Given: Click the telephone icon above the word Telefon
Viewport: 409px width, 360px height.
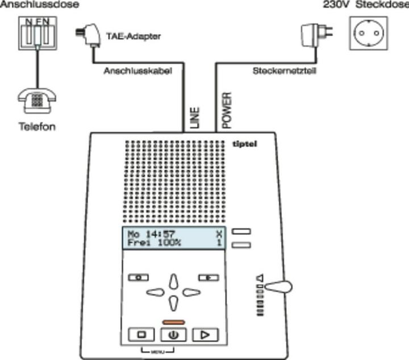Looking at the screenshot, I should (37, 101).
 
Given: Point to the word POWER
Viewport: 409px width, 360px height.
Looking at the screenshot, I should (226, 109).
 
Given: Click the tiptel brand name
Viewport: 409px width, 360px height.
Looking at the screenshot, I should (245, 144).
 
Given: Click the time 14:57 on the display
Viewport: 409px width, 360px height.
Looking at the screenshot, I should (158, 234).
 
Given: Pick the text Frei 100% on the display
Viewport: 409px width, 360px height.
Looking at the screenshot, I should (154, 243).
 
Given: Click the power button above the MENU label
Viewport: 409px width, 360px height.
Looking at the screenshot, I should (174, 334).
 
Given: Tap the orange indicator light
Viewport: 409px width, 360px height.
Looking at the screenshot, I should (174, 322).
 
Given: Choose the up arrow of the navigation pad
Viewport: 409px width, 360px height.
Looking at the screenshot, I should (174, 282).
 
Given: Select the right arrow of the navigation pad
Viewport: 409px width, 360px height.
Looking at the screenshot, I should (191, 292).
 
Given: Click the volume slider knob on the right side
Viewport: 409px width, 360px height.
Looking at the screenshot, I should (278, 287).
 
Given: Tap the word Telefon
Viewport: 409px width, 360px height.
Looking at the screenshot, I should (37, 126).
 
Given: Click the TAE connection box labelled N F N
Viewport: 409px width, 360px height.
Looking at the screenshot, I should (36, 35).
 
